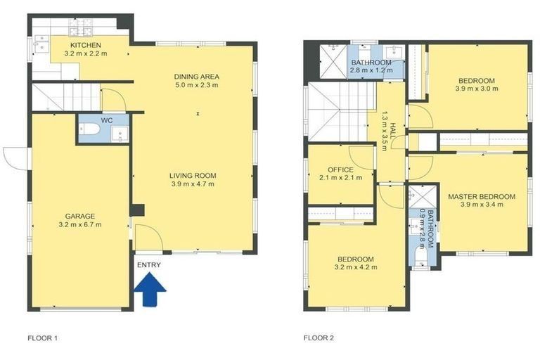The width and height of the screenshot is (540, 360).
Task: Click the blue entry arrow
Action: click(x=149, y=290)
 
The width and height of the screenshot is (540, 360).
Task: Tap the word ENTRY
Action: click(x=149, y=265)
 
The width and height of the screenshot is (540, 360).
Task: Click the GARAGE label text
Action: click(x=80, y=216)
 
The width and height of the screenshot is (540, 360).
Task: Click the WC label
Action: click(x=107, y=120)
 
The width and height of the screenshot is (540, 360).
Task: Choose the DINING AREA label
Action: click(x=197, y=77)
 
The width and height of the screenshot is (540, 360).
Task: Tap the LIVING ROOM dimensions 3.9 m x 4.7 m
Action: click(x=192, y=184)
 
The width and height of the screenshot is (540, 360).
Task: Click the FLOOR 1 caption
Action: click(x=42, y=338)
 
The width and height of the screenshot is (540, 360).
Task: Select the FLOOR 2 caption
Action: click(x=319, y=338)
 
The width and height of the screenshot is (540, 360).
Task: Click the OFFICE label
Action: click(x=340, y=169)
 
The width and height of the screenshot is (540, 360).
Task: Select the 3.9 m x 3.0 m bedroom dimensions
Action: click(x=476, y=89)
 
